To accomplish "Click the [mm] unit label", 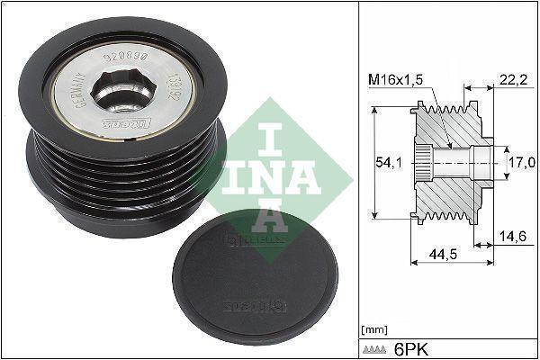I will pos(373,329).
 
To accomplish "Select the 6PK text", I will pos(408,347).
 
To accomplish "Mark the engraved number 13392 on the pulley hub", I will pos(168,92).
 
